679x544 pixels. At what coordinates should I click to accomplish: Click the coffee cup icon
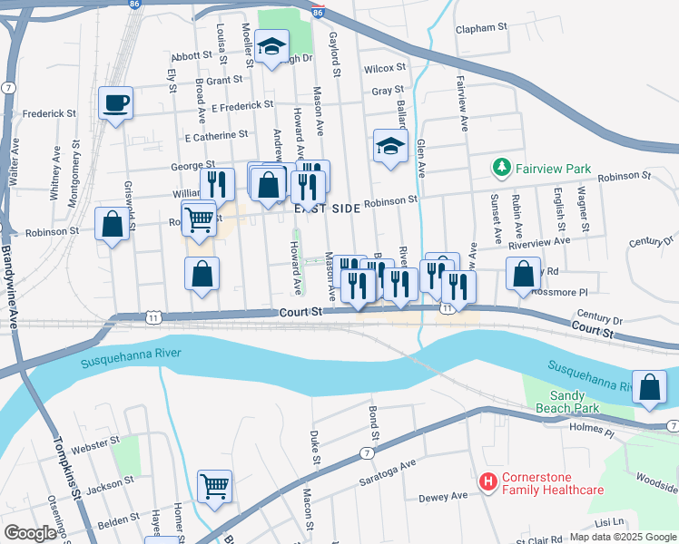[x=115, y=102]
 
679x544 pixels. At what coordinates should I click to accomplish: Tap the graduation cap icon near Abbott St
[x=271, y=48]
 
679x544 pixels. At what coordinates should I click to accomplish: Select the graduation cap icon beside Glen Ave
[x=389, y=147]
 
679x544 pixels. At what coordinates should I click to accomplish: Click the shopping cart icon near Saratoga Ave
[x=214, y=486]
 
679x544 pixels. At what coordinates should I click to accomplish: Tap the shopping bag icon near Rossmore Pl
[x=523, y=275]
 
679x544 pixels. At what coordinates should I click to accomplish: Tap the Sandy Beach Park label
[x=566, y=402]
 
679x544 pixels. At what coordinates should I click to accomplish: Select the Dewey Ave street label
[x=443, y=496]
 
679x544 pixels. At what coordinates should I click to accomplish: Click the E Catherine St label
[x=216, y=137]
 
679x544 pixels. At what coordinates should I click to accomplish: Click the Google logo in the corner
[x=30, y=533]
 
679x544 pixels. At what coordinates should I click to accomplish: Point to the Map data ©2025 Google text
[x=623, y=537]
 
